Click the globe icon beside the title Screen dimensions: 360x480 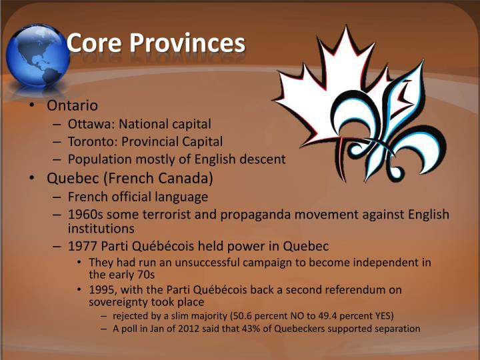tap(37, 55)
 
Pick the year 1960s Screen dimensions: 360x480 tap(85, 215)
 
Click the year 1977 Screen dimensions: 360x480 tap(83, 245)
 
